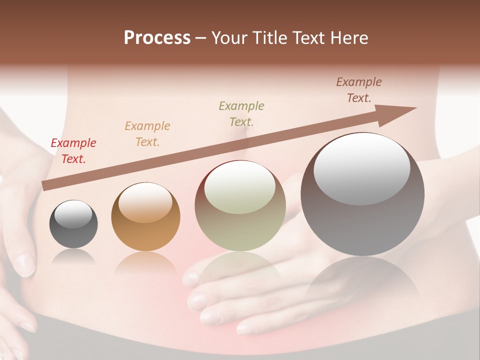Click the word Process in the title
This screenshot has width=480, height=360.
[x=157, y=38]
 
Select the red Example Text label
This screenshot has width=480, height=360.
[x=73, y=151]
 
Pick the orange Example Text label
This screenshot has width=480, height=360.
[x=147, y=134]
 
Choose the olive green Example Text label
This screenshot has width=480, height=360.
[x=241, y=113]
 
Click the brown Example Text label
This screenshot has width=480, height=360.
[x=359, y=90]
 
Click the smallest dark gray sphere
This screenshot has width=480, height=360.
[x=73, y=235]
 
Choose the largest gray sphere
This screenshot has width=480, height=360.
[x=362, y=225]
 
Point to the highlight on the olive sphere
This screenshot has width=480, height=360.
[x=240, y=187]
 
